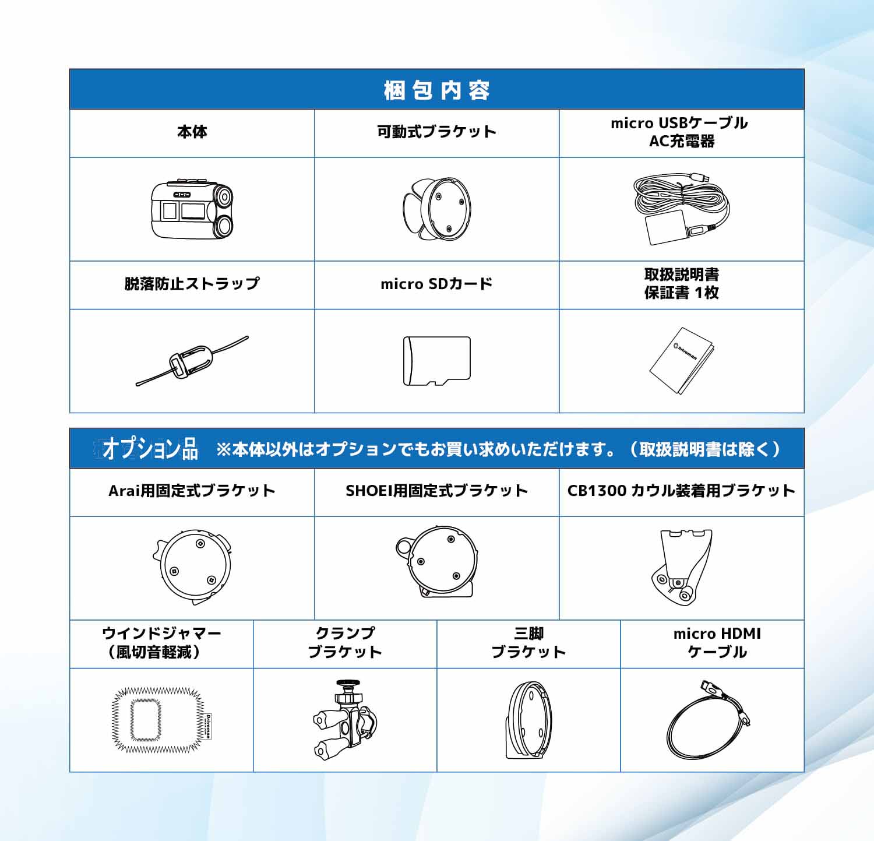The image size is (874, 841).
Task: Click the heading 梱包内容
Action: pyautogui.click(x=437, y=90)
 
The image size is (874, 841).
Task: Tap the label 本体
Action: pyautogui.click(x=192, y=132)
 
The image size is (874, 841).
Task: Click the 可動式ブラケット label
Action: pyautogui.click(x=437, y=132)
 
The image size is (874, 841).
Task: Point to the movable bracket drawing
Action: pyautogui.click(x=437, y=209)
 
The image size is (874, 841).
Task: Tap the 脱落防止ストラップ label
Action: pyautogui.click(x=192, y=284)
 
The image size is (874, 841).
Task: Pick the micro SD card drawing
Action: pyautogui.click(x=437, y=361)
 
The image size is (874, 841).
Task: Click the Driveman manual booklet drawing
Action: pyautogui.click(x=682, y=361)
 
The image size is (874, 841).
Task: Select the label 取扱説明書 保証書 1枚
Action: pyautogui.click(x=682, y=284)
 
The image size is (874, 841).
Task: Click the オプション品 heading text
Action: pyautogui.click(x=150, y=449)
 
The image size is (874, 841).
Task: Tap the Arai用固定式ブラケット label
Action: pyautogui.click(x=192, y=491)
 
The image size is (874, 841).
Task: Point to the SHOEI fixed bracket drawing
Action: pyautogui.click(x=437, y=562)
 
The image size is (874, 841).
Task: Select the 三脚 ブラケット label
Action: pyautogui.click(x=528, y=643)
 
